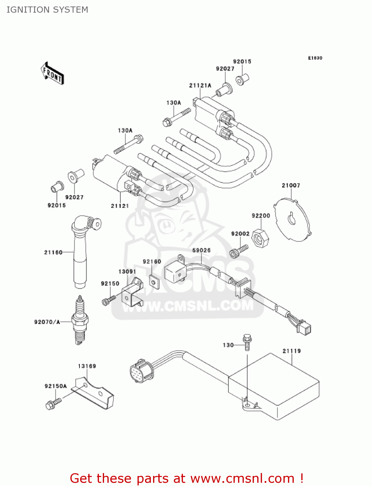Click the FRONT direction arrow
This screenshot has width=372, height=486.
click(52, 74)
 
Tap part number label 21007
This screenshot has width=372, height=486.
click(291, 185)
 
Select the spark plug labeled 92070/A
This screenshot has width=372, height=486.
click(79, 321)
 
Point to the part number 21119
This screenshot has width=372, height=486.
click(292, 351)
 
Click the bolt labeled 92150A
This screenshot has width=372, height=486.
click(53, 404)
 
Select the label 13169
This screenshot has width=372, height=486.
click(87, 366)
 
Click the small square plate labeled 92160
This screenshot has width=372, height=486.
click(154, 282)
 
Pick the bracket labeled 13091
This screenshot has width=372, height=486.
click(132, 293)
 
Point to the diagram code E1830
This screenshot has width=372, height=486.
click(315, 58)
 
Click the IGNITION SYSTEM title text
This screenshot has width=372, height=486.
click(47, 10)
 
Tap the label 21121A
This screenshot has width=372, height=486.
click(200, 86)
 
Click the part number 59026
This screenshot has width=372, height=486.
click(201, 250)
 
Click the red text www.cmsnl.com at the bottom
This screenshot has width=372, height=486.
click(242, 478)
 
